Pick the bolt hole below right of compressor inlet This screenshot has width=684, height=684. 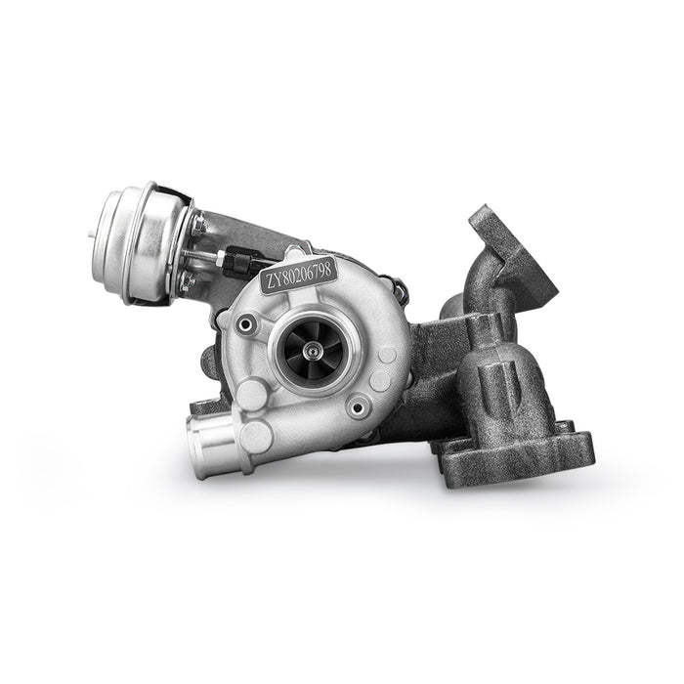click(361, 404)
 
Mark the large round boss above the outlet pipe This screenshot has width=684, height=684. click(253, 393)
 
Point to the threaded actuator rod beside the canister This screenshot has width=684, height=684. click(205, 256)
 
